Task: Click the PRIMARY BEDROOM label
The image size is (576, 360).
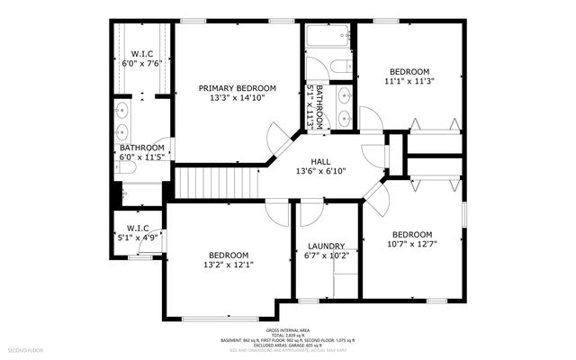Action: click(238, 87)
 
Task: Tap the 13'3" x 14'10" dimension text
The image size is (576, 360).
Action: click(238, 98)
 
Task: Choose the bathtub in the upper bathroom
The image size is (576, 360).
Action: click(328, 39)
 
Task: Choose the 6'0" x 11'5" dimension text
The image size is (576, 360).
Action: click(142, 157)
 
